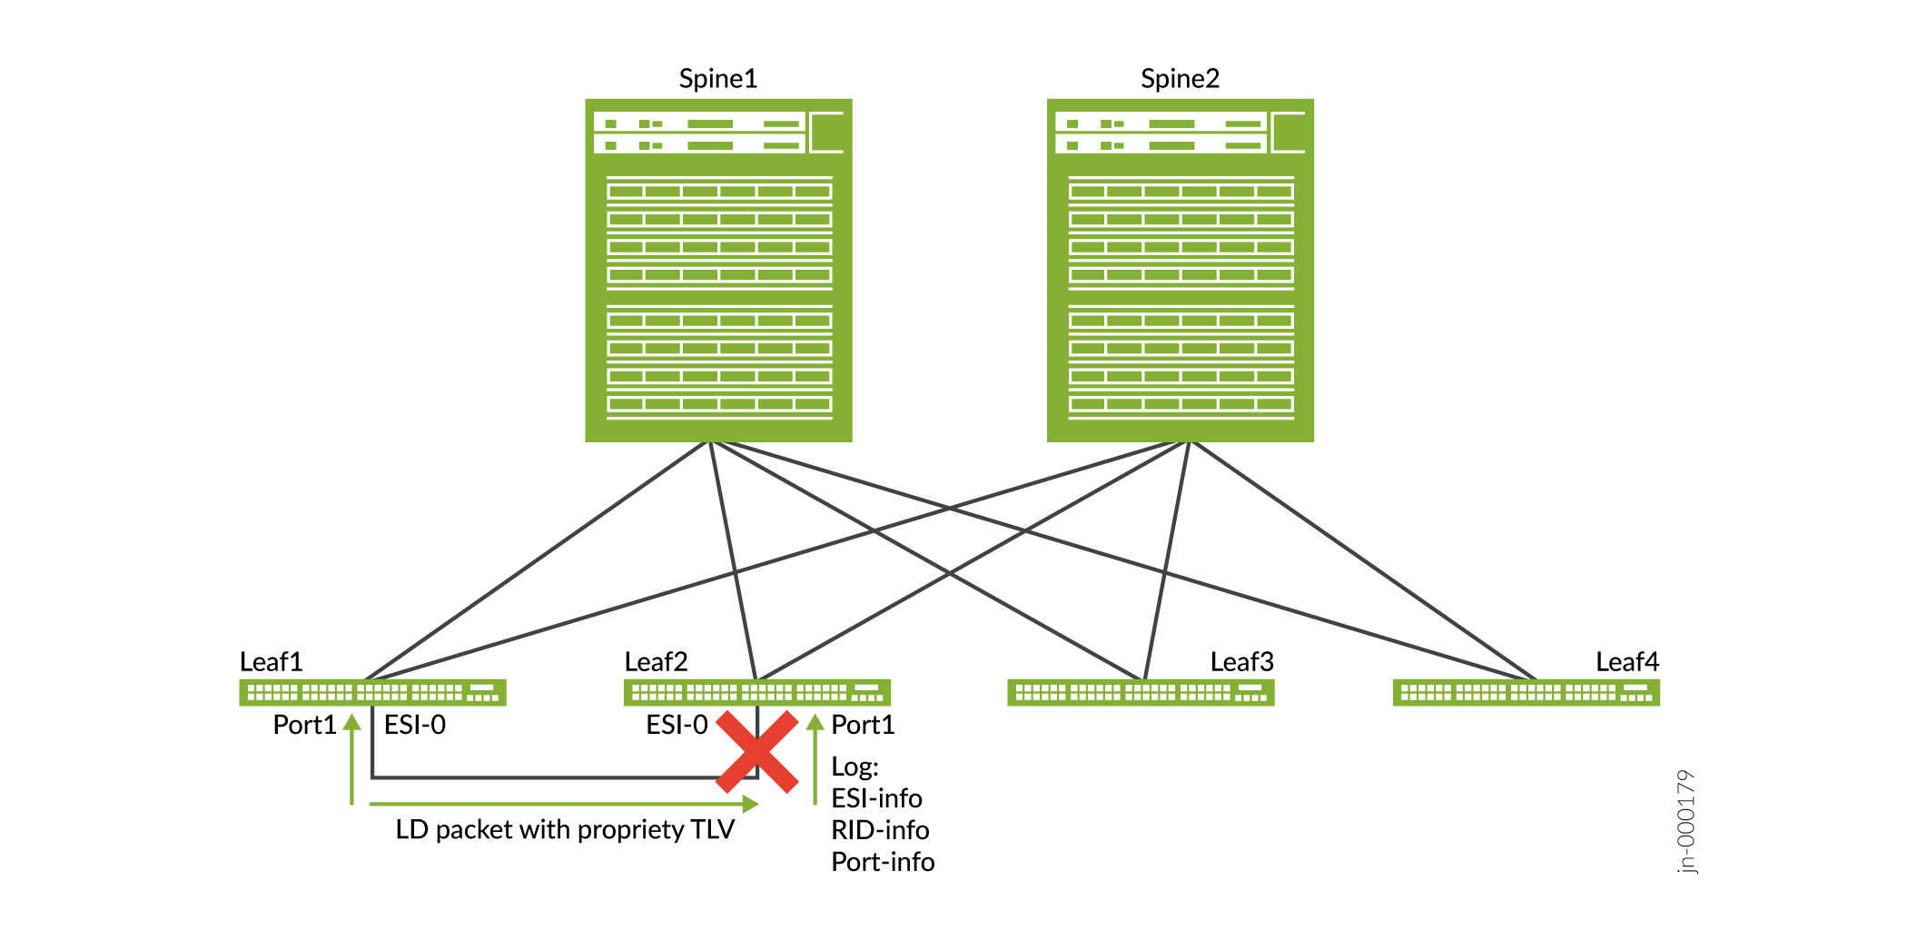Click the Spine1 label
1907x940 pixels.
point(717,79)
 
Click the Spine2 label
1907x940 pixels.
point(1180,79)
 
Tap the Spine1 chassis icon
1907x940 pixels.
point(718,271)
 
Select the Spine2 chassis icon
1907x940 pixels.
point(1180,271)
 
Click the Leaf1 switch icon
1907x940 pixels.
point(372,693)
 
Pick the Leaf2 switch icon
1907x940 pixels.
point(756,693)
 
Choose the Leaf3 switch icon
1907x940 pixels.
point(1141,693)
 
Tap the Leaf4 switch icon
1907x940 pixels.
point(1526,693)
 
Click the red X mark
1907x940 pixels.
point(757,752)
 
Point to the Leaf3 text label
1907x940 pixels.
point(1241,662)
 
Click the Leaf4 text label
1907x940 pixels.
point(1626,662)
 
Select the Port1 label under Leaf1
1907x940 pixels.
point(304,725)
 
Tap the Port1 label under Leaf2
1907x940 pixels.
point(863,725)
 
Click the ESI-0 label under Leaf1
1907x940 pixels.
point(415,725)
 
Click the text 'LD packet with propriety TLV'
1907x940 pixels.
point(565,830)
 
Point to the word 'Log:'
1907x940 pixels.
point(855,767)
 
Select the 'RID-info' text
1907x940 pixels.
point(880,830)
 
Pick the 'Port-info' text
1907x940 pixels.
point(883,862)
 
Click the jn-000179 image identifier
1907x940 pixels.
point(1686,822)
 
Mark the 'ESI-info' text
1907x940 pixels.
point(876,798)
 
